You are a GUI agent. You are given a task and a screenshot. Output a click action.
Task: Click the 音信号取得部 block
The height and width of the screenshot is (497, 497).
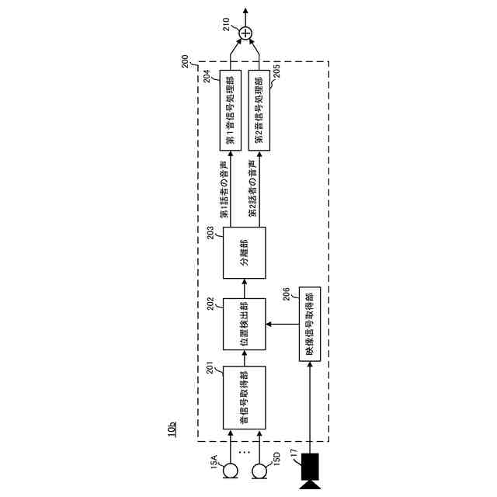(244, 396)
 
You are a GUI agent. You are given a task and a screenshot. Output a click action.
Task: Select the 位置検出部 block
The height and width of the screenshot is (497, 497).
(244, 324)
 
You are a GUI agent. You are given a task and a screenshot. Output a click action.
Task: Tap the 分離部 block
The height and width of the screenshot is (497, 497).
(244, 252)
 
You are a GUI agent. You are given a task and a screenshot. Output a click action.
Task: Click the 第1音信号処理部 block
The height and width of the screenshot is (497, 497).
(231, 109)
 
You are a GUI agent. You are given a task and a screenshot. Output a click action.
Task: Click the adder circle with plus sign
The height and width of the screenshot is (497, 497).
(245, 32)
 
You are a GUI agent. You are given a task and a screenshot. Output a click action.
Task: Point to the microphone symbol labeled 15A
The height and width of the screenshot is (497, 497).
(230, 471)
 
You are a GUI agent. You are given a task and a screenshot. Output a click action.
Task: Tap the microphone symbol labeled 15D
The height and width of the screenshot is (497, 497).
(259, 471)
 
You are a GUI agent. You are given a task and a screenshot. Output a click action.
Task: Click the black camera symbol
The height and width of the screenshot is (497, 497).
(310, 469)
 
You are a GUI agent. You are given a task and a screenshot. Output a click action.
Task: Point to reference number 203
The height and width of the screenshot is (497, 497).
(211, 232)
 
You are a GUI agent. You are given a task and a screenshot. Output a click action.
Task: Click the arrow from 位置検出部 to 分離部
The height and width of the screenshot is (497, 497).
(244, 288)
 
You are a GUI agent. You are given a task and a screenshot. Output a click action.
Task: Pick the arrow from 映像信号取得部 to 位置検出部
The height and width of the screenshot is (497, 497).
(283, 324)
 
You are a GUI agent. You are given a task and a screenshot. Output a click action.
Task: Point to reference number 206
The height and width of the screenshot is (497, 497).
(287, 295)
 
